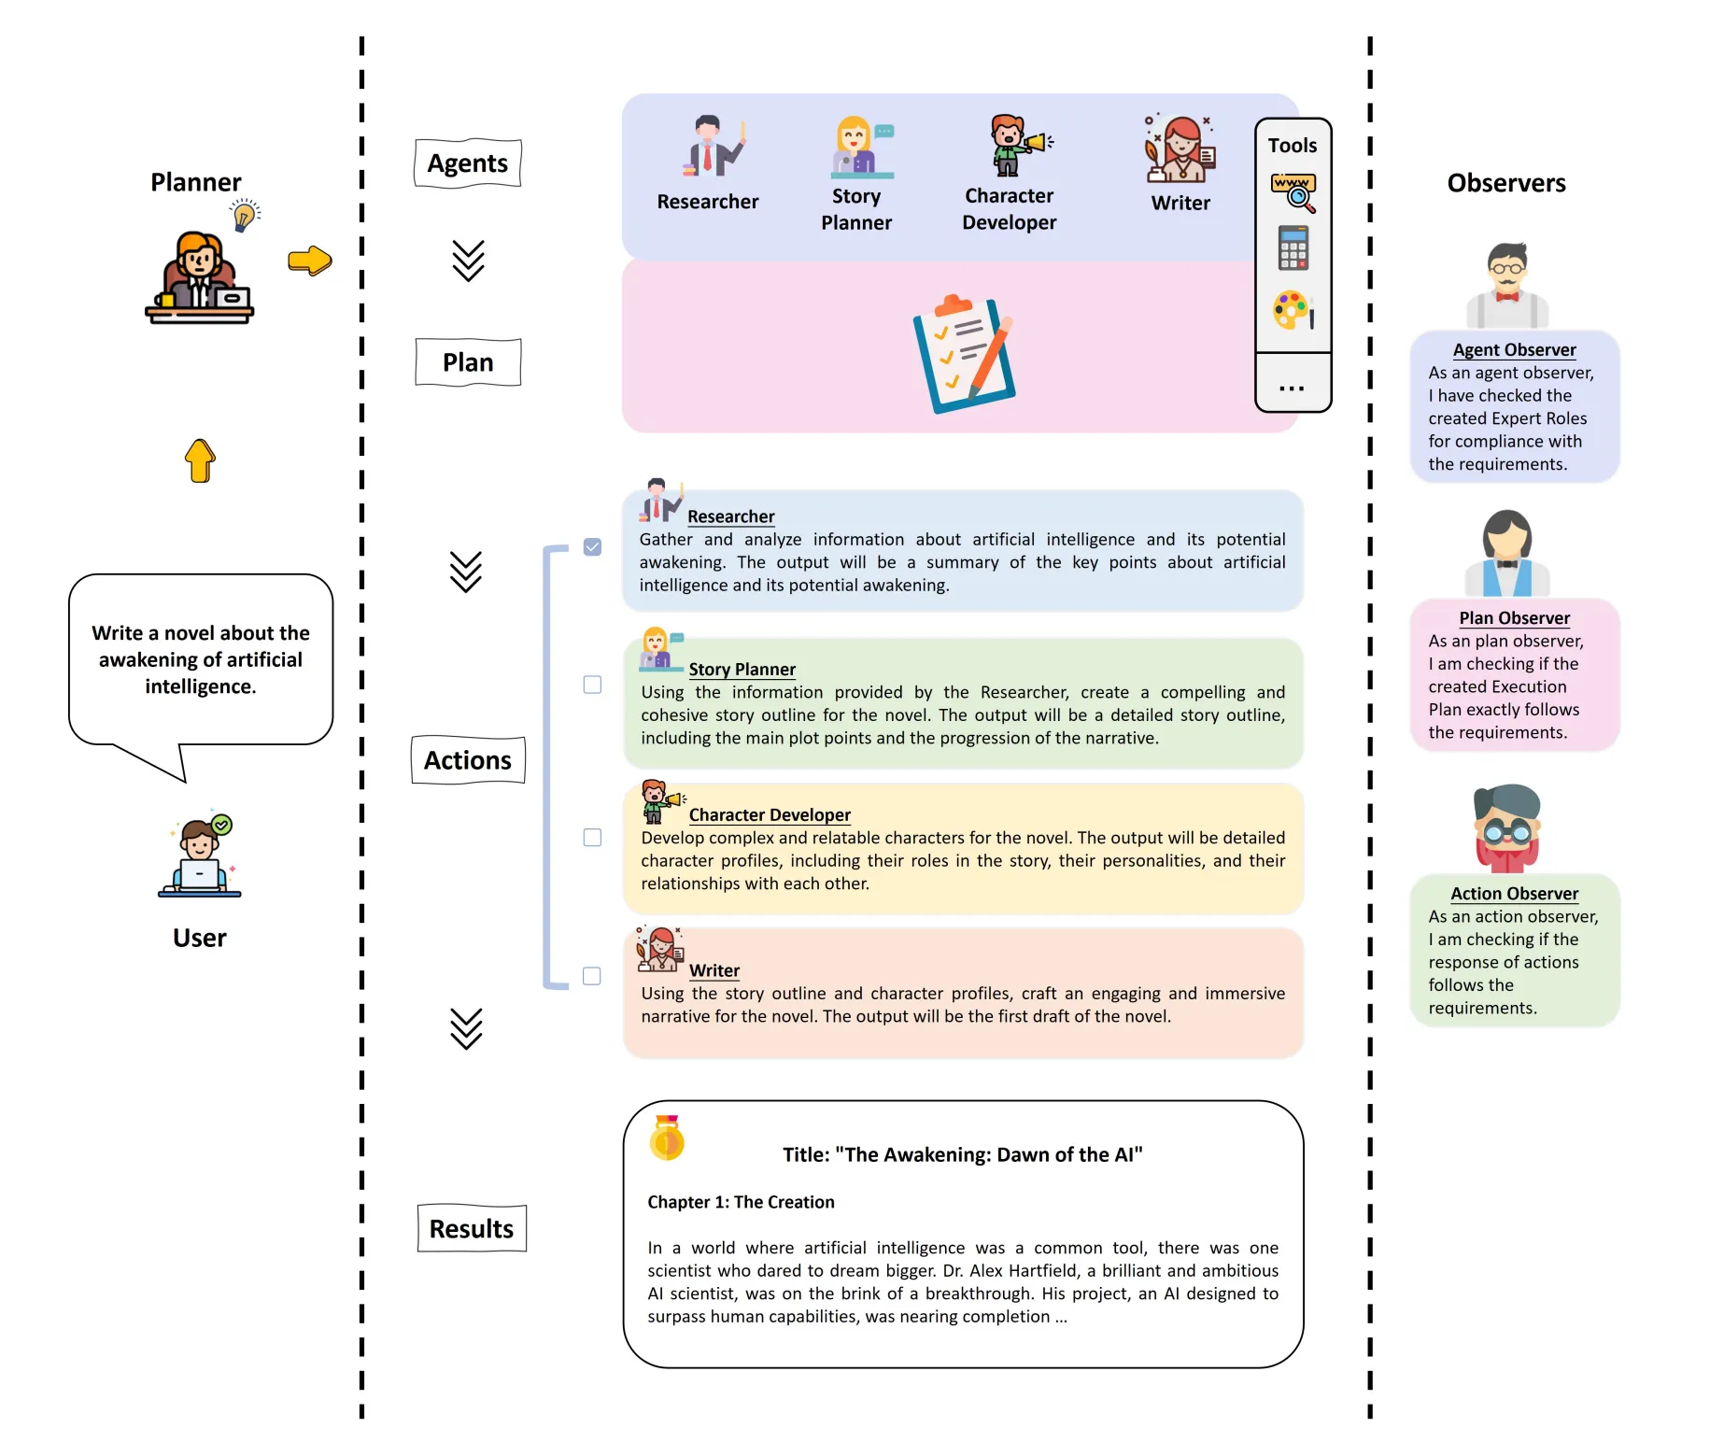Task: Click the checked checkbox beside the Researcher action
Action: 592,546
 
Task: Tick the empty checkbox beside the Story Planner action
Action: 592,685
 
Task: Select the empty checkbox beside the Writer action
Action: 592,976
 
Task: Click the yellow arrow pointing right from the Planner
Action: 310,261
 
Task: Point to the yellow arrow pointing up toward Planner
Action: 200,459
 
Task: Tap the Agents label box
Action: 468,163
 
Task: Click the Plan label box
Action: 468,362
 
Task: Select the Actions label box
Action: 468,760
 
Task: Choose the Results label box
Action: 472,1228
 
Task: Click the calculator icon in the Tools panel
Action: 1293,248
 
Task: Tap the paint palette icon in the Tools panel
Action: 1293,311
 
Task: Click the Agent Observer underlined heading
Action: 1514,350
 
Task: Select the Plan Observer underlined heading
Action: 1514,618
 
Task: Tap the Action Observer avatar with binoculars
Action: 1506,827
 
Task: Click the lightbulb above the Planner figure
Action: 245,216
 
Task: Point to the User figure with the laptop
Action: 200,857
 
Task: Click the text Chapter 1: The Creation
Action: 741,1202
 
